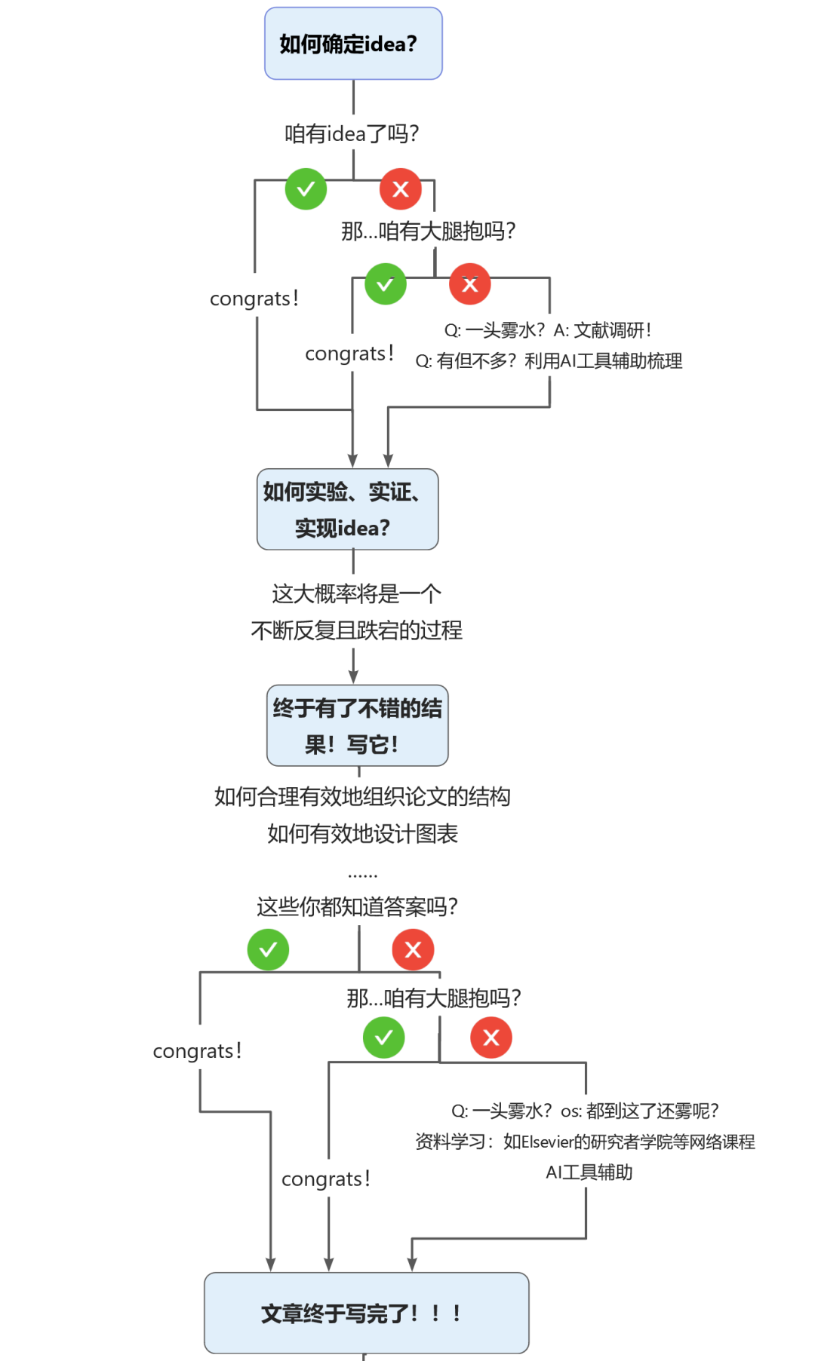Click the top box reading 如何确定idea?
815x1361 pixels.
353,44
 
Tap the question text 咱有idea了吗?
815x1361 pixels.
352,134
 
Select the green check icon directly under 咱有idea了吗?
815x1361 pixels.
306,189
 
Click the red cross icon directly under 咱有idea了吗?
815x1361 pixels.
401,189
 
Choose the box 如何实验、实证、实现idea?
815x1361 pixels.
347,510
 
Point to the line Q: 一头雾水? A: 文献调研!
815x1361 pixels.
548,330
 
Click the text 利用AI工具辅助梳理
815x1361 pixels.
603,361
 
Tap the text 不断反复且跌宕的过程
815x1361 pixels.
356,630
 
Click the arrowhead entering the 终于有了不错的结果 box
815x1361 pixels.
353,678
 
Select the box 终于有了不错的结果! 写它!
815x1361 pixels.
357,726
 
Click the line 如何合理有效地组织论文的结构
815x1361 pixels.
362,797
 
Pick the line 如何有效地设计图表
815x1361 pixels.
362,834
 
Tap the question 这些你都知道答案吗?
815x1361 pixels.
357,907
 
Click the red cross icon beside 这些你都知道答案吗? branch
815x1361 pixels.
413,950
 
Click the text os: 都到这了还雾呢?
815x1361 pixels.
639,1111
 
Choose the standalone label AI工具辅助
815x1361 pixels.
589,1172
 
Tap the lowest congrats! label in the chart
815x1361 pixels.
326,1179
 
